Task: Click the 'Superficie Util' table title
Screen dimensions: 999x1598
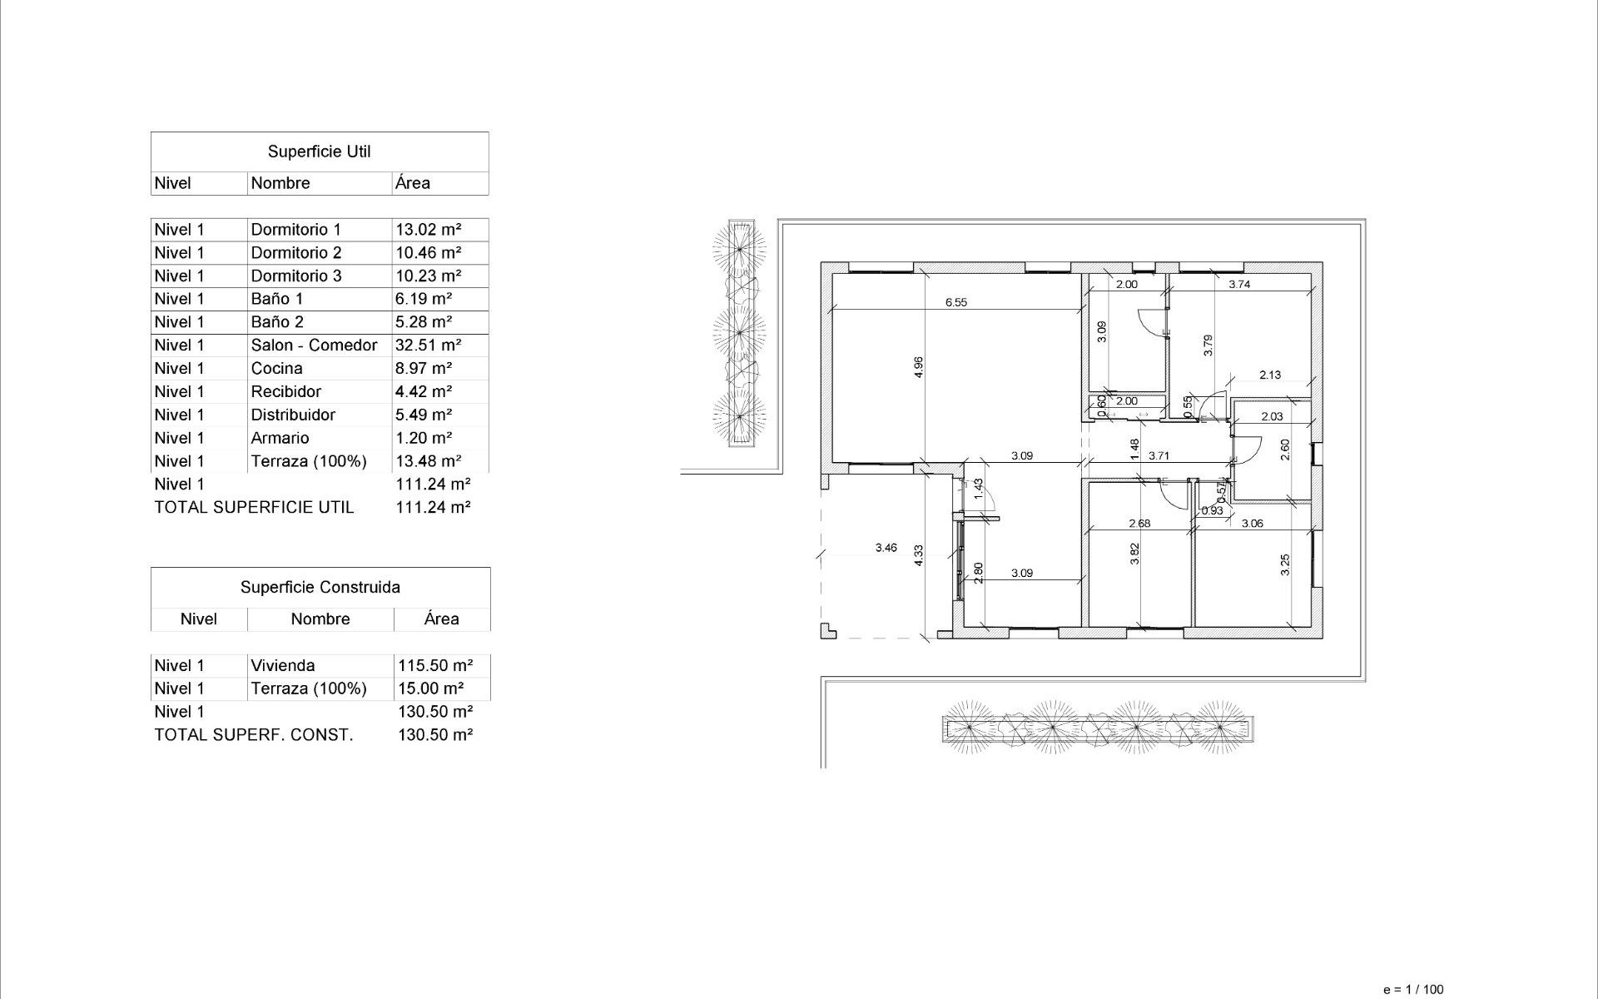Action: tap(319, 152)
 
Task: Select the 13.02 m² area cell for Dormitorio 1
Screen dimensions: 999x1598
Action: tap(428, 229)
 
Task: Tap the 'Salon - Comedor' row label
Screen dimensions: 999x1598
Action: tap(314, 345)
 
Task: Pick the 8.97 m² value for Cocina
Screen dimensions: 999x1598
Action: tap(424, 368)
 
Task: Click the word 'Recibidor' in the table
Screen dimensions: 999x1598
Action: tap(285, 391)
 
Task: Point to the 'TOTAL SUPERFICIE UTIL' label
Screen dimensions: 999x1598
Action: tap(254, 507)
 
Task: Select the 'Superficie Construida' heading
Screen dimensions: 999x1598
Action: tap(320, 587)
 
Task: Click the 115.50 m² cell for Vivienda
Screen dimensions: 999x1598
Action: tap(434, 665)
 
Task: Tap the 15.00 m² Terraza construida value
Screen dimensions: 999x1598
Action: tap(430, 688)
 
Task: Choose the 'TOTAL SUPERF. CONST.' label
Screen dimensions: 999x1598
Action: tap(254, 734)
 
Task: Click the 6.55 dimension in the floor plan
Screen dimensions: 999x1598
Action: tap(955, 303)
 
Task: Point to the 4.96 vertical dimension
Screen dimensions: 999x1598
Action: tap(918, 367)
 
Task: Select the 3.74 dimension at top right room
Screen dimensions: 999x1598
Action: tap(1239, 284)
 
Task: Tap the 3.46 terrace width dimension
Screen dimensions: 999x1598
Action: tap(886, 548)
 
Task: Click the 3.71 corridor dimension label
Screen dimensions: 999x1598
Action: tap(1159, 455)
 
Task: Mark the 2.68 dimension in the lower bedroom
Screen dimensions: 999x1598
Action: tap(1139, 524)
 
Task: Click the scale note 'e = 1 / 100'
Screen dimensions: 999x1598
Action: tap(1412, 990)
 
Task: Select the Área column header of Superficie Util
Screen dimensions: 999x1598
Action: tap(413, 183)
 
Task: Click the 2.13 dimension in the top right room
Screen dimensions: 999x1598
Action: tap(1269, 375)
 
